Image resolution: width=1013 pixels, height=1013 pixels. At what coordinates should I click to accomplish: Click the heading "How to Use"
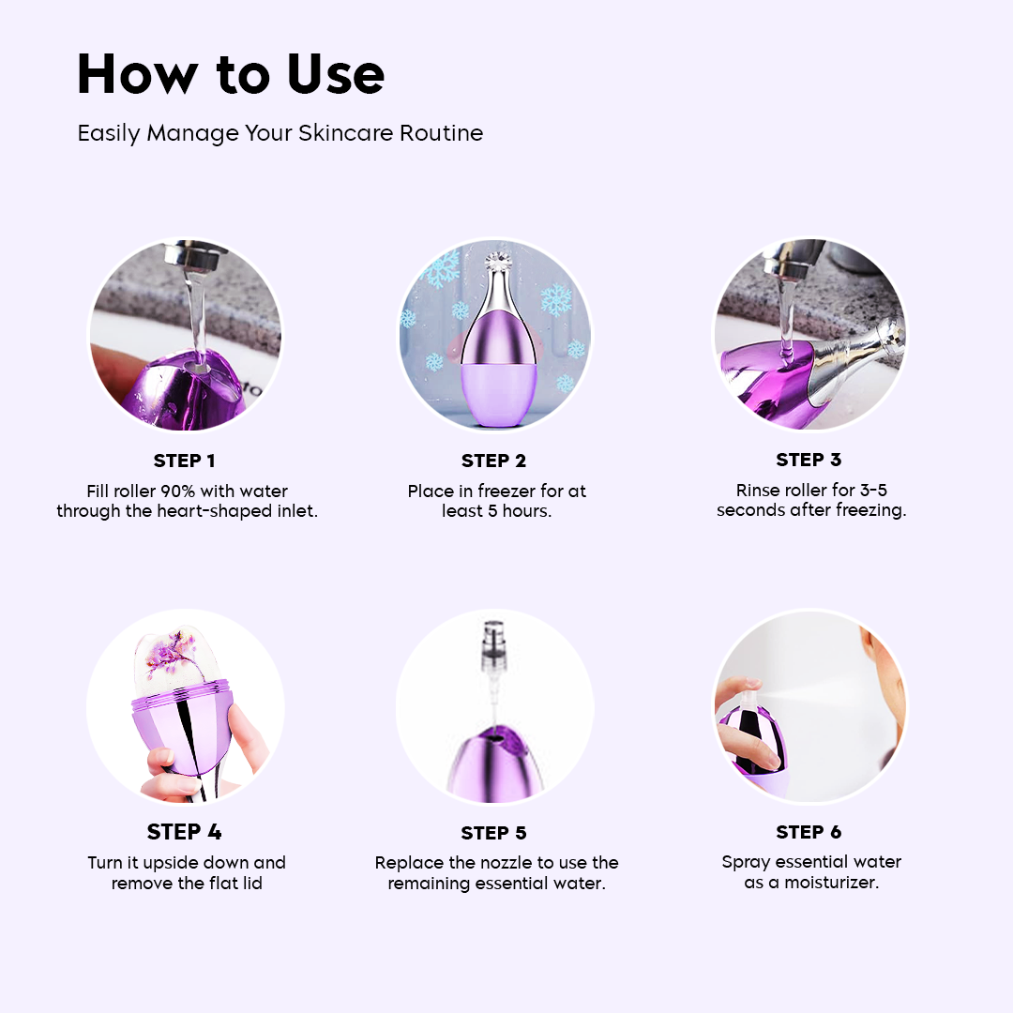[x=230, y=75]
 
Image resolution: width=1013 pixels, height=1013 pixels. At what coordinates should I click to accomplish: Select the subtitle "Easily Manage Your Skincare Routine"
[x=280, y=133]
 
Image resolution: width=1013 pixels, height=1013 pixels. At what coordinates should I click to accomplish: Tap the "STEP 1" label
[x=185, y=461]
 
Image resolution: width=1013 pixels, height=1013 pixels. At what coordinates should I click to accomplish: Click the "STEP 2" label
[x=493, y=461]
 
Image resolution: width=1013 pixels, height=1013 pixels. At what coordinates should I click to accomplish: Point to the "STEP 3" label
[x=809, y=460]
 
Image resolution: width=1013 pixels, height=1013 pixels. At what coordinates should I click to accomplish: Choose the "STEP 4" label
[x=185, y=832]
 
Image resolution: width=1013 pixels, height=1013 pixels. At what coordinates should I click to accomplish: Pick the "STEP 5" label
[x=493, y=833]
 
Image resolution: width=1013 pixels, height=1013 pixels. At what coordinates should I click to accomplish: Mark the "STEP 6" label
[x=809, y=832]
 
